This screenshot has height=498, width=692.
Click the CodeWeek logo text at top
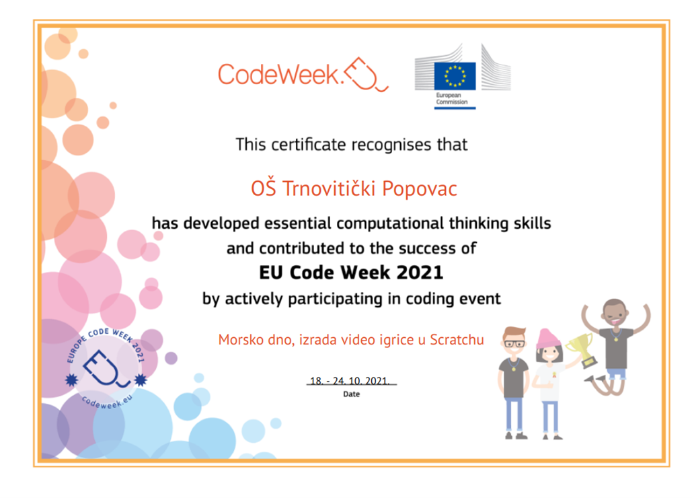(279, 74)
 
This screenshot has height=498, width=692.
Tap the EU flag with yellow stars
(455, 76)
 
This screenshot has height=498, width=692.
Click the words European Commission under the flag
(451, 98)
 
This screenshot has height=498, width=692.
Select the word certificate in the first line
(309, 145)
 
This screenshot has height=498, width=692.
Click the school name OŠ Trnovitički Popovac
(354, 188)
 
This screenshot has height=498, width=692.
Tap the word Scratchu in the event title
(457, 339)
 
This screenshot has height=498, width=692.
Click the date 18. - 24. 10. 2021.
(350, 380)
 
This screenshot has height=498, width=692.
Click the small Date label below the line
(351, 394)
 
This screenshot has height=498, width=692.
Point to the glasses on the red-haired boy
(514, 343)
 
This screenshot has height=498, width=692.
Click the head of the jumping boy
(614, 314)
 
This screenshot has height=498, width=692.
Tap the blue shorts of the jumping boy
(617, 373)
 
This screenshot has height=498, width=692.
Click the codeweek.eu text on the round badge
(107, 401)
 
